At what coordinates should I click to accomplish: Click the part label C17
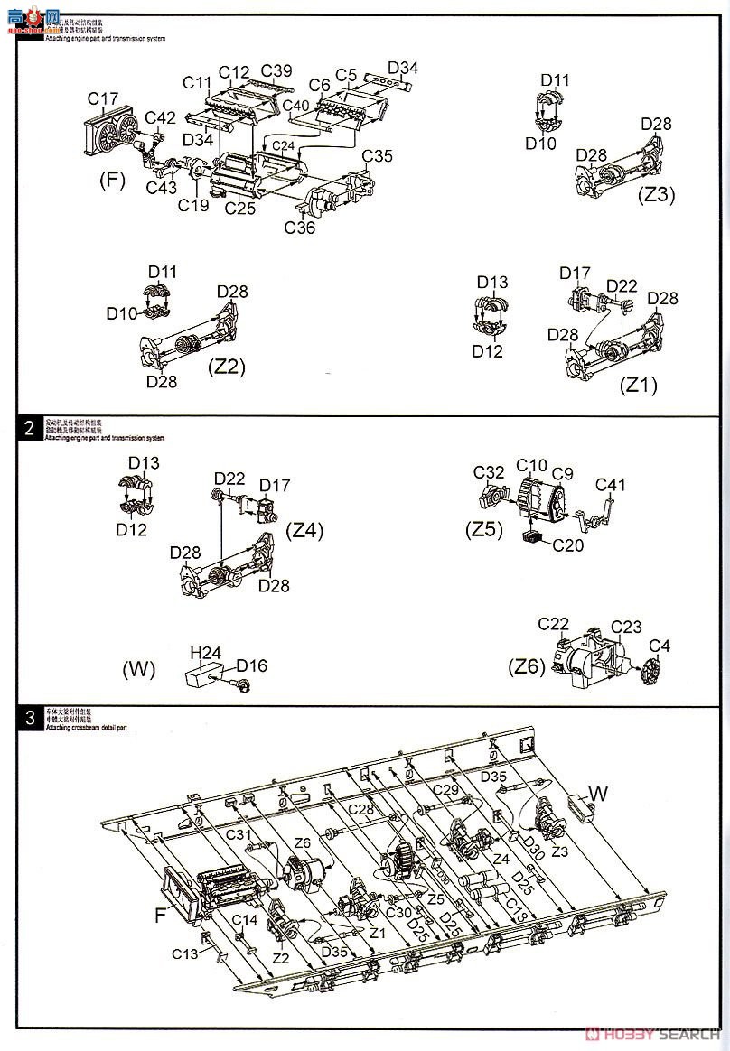(x=103, y=98)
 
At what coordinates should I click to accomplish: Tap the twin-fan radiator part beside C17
(x=112, y=135)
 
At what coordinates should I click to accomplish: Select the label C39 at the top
(x=276, y=71)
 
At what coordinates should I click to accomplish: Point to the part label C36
(x=300, y=228)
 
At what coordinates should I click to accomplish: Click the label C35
(x=378, y=155)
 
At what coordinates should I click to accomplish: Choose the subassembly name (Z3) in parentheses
(x=655, y=194)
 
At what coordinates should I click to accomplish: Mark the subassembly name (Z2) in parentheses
(x=227, y=367)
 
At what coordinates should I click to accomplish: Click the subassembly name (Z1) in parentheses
(x=638, y=385)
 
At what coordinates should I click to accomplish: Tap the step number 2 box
(x=30, y=428)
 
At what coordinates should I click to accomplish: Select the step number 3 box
(x=30, y=718)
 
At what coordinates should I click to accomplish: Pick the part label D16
(x=252, y=665)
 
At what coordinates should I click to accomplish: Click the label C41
(x=611, y=485)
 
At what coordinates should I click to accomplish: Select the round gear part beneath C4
(x=650, y=673)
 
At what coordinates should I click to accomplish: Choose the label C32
(x=489, y=472)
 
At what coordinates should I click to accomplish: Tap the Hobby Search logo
(x=647, y=1032)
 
